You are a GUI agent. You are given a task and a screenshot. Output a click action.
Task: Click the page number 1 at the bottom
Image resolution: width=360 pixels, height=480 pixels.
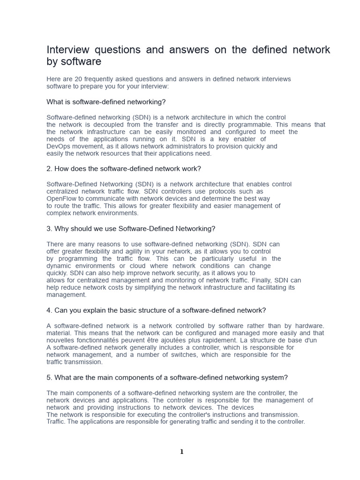click(x=181, y=452)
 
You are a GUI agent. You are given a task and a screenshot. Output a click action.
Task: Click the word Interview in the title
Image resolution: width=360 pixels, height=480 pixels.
click(x=68, y=50)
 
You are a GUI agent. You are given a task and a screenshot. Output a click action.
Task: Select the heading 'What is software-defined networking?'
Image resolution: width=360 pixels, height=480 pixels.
click(x=106, y=102)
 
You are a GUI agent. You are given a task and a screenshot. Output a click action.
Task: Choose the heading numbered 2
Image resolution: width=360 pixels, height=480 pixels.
click(x=124, y=169)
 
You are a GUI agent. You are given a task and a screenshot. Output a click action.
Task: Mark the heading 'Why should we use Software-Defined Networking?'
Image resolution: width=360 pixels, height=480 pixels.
click(x=131, y=229)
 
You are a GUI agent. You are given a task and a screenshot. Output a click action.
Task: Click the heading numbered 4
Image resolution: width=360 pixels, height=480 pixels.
click(x=156, y=310)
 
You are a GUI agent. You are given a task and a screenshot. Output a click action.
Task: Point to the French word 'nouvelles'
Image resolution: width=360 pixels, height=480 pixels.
click(x=60, y=340)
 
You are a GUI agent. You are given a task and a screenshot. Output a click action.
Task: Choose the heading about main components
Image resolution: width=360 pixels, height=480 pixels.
click(x=167, y=378)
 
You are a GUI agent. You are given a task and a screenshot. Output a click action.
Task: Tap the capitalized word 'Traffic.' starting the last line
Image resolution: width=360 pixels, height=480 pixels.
click(x=57, y=422)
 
